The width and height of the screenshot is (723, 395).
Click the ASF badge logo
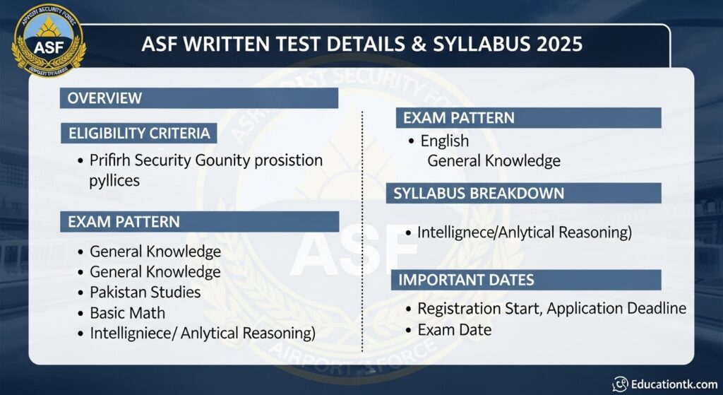click(x=48, y=40)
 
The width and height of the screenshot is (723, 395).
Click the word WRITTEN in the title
click(x=224, y=45)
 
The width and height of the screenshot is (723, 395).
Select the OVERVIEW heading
click(x=104, y=98)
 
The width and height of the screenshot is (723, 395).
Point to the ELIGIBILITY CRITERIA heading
click(x=139, y=133)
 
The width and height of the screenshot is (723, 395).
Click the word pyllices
click(x=114, y=180)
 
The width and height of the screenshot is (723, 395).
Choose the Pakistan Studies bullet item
click(x=145, y=292)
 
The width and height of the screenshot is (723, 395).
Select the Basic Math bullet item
click(x=127, y=312)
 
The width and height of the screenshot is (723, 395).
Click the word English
click(x=444, y=141)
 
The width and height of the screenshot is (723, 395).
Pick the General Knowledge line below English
click(x=494, y=161)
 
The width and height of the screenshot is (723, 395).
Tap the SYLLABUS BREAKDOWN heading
click(x=478, y=193)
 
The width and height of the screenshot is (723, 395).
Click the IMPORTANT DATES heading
click(x=466, y=280)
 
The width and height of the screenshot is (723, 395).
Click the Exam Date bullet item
click(x=454, y=329)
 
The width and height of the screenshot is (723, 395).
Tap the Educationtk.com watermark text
click(x=674, y=384)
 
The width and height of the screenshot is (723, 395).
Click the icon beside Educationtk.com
click(x=620, y=384)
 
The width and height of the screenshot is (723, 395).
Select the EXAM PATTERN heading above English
click(x=458, y=117)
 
